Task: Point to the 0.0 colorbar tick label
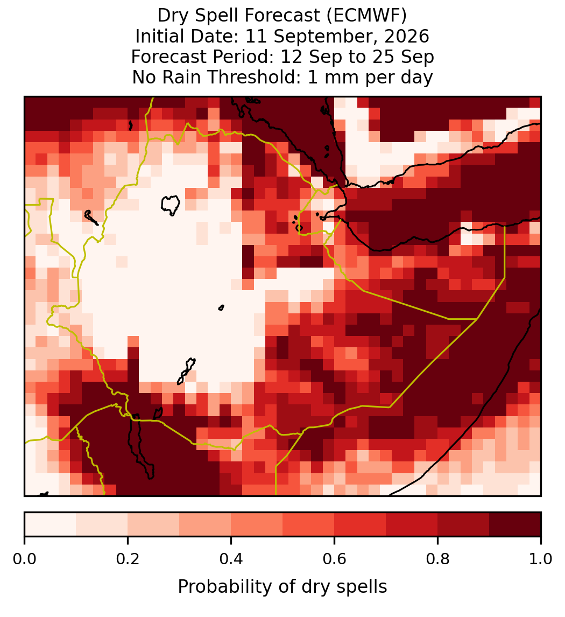pos(24,559)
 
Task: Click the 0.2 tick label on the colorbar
pos(128,559)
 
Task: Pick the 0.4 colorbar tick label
pos(231,559)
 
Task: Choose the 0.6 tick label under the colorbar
pos(334,559)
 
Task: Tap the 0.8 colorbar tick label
pos(437,559)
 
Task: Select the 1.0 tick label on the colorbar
pos(541,559)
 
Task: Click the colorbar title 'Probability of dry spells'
pos(282,587)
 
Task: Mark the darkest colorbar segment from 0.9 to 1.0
pos(515,524)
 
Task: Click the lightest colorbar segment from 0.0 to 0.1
pos(51,524)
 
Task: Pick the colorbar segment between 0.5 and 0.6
pos(308,524)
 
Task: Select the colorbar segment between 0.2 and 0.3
pos(153,524)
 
